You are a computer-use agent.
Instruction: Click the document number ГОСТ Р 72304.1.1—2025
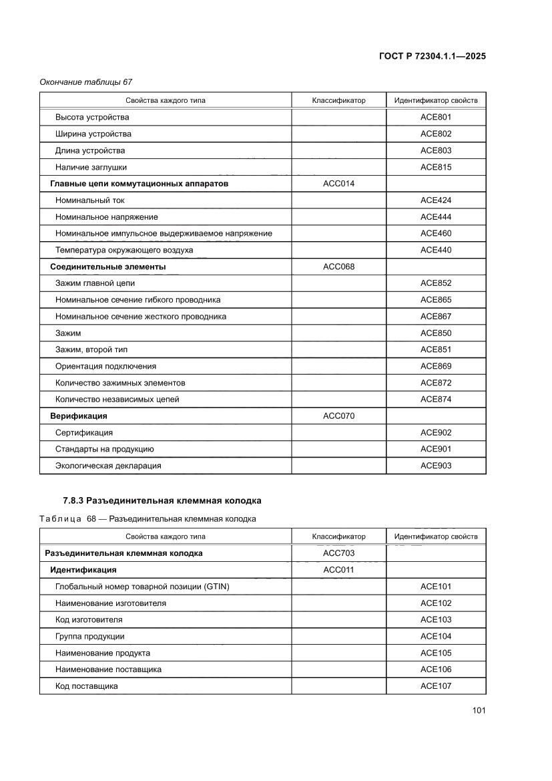(432, 56)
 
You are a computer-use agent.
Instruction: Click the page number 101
(478, 710)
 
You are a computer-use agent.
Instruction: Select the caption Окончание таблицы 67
(86, 82)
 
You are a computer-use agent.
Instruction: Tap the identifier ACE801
(435, 117)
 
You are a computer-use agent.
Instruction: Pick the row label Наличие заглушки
(91, 167)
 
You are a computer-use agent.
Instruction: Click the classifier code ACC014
(338, 184)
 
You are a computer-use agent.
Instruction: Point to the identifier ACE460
(435, 233)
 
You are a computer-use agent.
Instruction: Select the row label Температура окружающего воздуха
(124, 250)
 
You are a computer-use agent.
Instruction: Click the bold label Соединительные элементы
(108, 267)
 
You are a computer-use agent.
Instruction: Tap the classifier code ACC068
(338, 267)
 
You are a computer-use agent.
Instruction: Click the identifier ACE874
(435, 400)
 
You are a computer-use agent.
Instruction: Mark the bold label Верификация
(79, 416)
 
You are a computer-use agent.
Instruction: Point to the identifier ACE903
(435, 466)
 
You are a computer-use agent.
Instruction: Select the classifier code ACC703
(338, 553)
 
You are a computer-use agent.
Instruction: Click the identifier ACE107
(435, 686)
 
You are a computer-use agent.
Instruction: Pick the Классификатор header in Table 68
(338, 536)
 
